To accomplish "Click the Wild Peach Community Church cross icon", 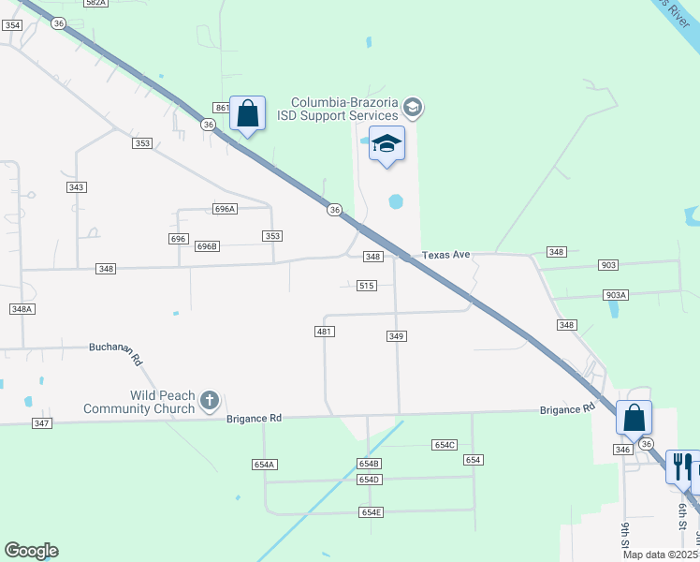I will tap(209, 401).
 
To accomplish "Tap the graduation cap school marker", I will tap(386, 144).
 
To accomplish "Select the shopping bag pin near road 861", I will tap(247, 114).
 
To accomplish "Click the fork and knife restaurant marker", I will tap(680, 465).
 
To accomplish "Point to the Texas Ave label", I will tap(445, 255).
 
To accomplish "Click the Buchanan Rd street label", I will tap(116, 351).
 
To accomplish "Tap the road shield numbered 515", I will tap(367, 286).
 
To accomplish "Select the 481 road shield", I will tap(325, 332).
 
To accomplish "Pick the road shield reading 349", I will tap(396, 335).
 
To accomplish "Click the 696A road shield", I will tap(225, 209).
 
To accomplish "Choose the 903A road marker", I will tap(615, 295).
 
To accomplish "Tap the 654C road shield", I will tap(445, 445).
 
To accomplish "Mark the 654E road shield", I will tap(372, 512).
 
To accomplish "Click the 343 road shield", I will tap(77, 187).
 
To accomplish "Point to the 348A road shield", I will tap(22, 308).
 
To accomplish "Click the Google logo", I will tap(31, 551).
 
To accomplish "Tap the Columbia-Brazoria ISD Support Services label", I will tap(343, 109).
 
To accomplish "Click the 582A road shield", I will tap(95, 4).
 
